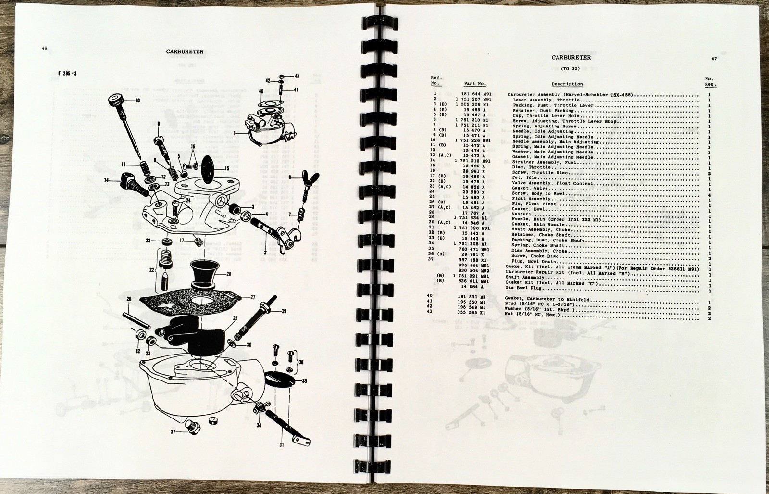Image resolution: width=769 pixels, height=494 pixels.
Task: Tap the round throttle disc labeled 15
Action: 211,169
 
